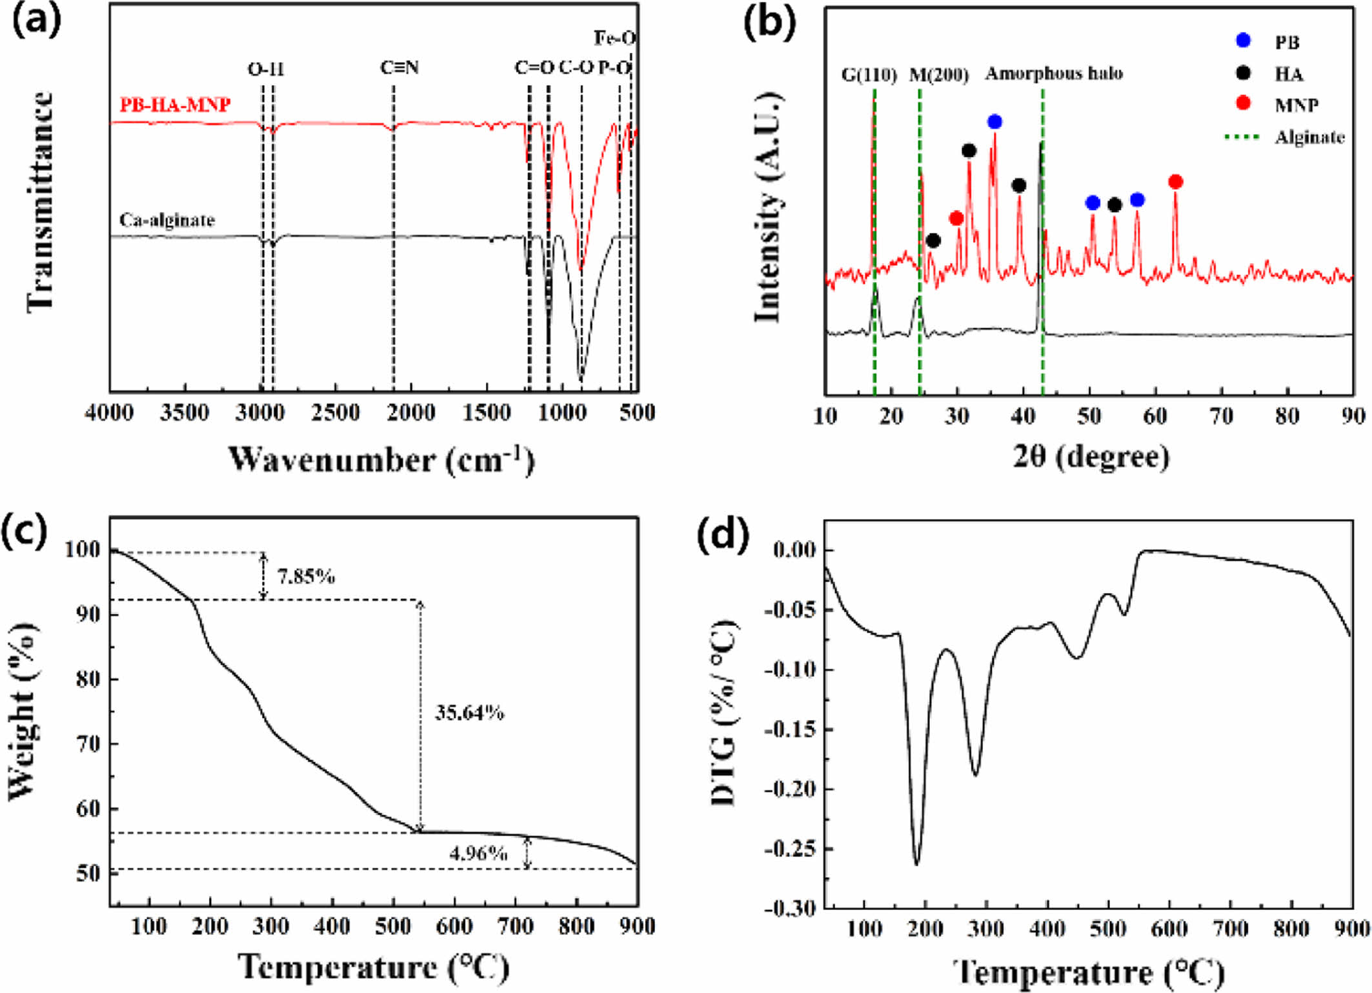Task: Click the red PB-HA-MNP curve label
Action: [x=175, y=105]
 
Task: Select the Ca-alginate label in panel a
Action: [x=166, y=221]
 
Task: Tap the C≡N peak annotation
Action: [x=399, y=68]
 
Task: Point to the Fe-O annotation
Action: [x=614, y=39]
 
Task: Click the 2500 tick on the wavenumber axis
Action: [x=336, y=413]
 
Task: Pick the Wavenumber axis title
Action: [x=381, y=459]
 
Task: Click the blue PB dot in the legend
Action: [x=1243, y=41]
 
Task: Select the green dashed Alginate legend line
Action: [x=1242, y=137]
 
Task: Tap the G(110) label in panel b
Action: [x=869, y=75]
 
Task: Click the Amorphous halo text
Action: [x=1053, y=74]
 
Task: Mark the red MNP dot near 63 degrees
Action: [x=1175, y=182]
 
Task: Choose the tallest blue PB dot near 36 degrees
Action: [x=994, y=122]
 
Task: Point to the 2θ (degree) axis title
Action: [x=1091, y=457]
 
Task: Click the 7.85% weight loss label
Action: [x=306, y=576]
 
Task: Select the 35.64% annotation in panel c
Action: [x=469, y=713]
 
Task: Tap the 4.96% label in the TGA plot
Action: [x=478, y=854]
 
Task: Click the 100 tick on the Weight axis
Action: [x=83, y=550]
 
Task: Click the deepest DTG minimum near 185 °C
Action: [x=916, y=863]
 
